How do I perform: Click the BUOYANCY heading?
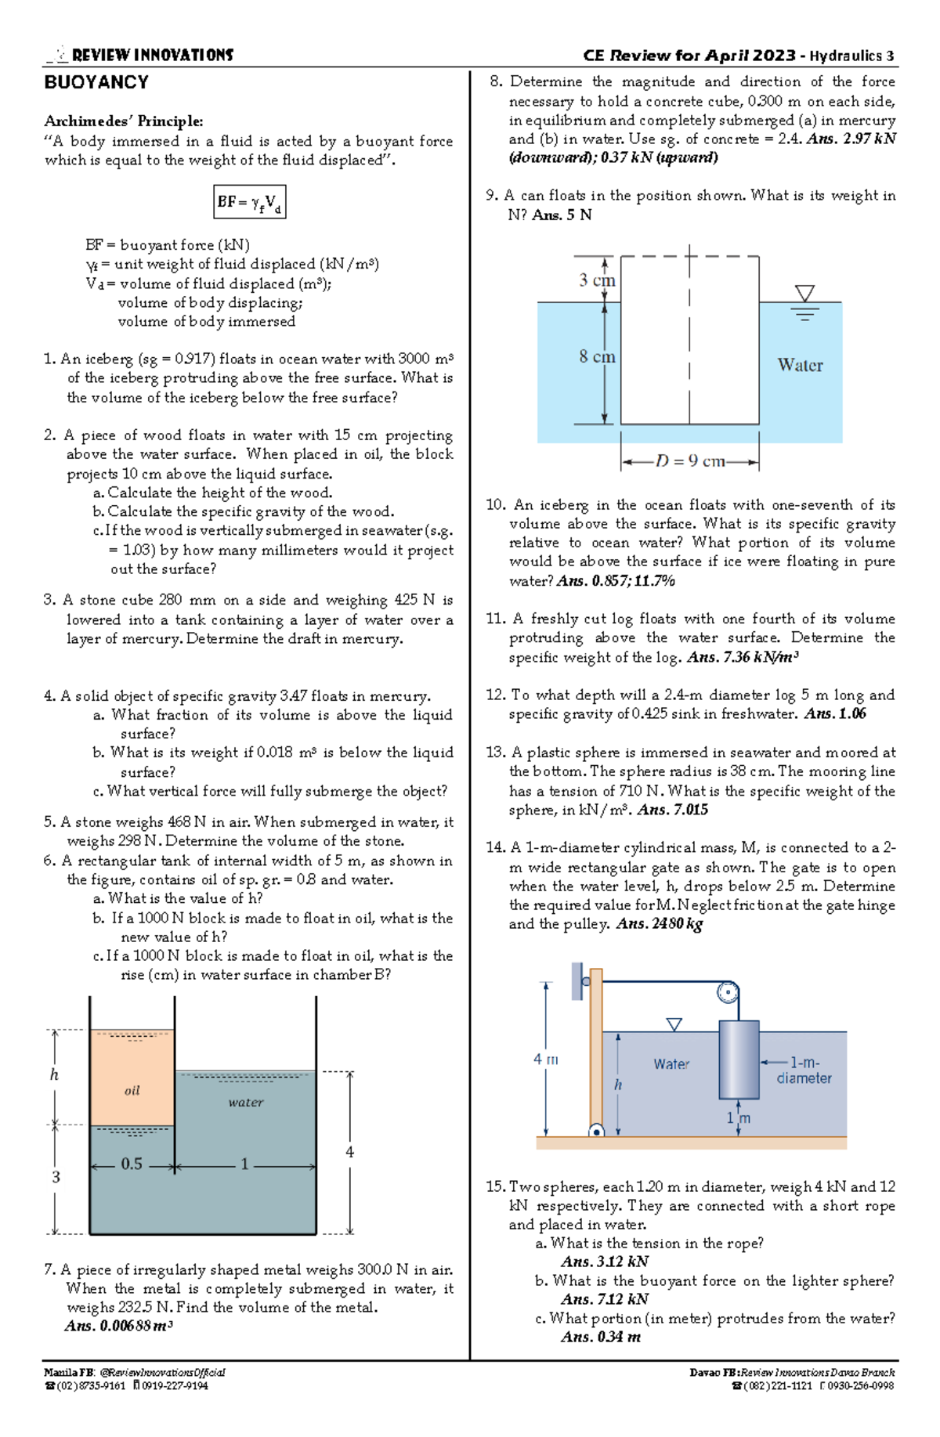[96, 83]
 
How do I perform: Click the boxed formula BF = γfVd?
[249, 202]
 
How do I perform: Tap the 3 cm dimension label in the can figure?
[597, 280]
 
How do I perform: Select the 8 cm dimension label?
[597, 357]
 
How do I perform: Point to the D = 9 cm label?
[689, 461]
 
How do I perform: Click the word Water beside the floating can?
[800, 365]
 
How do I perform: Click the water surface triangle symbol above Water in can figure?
[804, 294]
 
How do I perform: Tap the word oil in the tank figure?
[132, 1090]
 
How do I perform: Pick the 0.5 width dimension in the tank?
[132, 1164]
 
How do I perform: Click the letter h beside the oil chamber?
[54, 1074]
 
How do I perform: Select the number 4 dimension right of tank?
[349, 1152]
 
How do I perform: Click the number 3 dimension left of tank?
[56, 1176]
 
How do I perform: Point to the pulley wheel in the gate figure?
[728, 993]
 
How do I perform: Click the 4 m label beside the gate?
[546, 1060]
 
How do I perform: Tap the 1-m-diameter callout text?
[804, 1071]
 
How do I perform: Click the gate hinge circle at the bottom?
[596, 1131]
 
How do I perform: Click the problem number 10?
[495, 505]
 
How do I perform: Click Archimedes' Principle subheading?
[124, 121]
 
